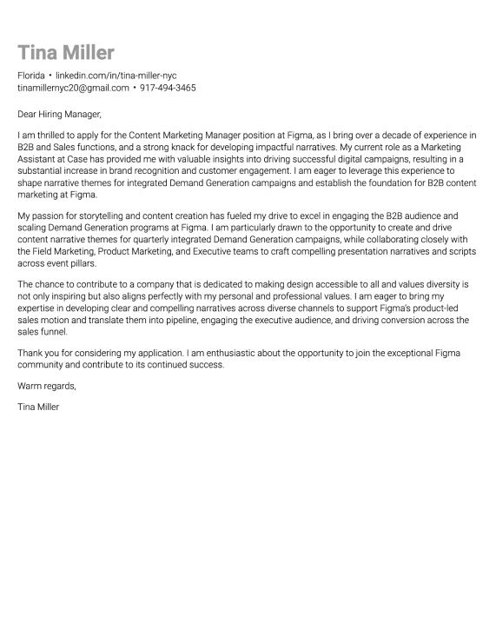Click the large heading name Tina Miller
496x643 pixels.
point(66,52)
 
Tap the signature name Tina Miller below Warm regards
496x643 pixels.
point(38,407)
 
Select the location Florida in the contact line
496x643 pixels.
point(31,76)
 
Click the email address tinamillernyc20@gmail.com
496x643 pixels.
point(73,88)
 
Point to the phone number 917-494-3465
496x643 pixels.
point(168,88)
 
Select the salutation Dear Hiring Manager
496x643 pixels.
point(59,114)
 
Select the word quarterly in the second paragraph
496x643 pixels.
point(164,239)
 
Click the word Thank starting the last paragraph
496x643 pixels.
point(30,354)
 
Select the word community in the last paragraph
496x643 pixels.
point(42,366)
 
